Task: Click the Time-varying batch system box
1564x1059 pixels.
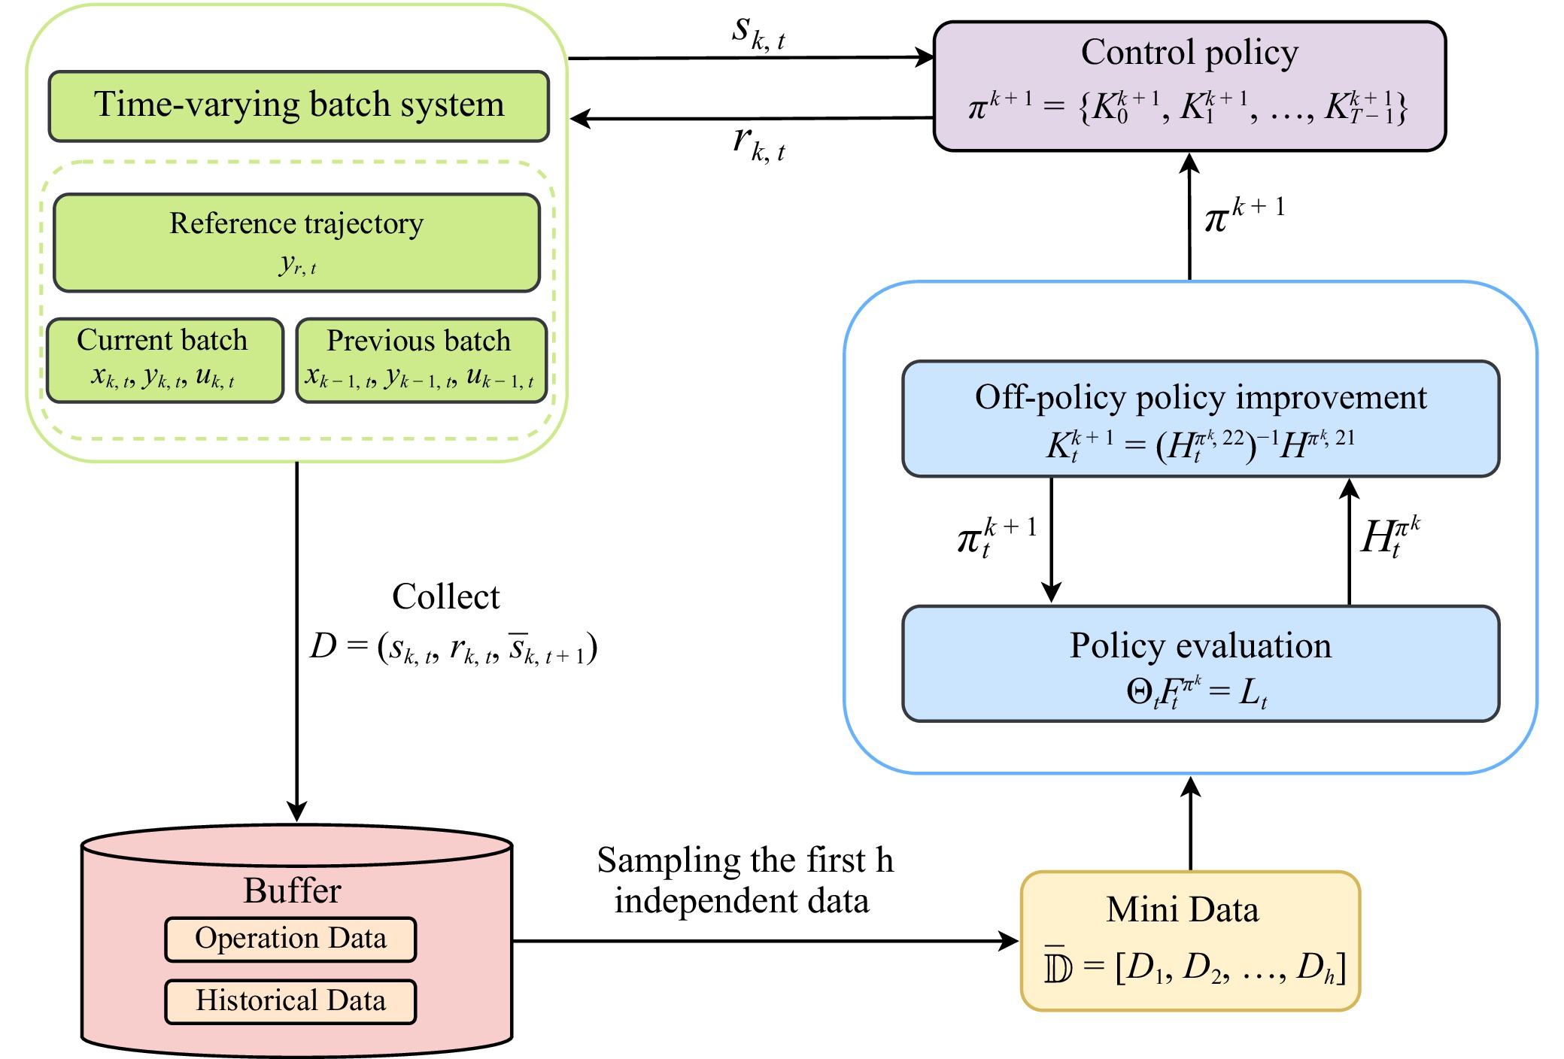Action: pos(299,106)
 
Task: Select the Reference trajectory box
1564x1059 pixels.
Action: pos(296,242)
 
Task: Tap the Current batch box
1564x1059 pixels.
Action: pos(164,360)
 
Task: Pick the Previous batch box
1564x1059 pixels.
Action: pos(421,360)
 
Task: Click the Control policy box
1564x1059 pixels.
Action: pos(1189,86)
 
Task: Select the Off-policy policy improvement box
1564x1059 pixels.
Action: pos(1200,418)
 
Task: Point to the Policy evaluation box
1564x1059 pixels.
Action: pos(1200,663)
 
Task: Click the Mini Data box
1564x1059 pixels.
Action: pos(1189,940)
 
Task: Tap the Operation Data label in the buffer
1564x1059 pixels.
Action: pos(290,939)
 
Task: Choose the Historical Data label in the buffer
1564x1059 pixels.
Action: pos(290,1001)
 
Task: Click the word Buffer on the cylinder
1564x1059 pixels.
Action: pos(292,891)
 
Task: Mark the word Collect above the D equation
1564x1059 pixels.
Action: pos(445,597)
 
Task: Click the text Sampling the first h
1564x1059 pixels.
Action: pos(745,860)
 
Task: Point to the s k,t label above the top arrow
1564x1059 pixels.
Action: pos(758,34)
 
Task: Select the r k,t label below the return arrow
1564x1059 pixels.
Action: pos(758,144)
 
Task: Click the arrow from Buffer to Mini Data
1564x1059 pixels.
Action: pos(764,940)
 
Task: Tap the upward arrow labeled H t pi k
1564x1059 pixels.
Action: pos(1349,542)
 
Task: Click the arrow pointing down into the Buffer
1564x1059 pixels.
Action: pos(297,639)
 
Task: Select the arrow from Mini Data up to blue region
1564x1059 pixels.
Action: pos(1190,824)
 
